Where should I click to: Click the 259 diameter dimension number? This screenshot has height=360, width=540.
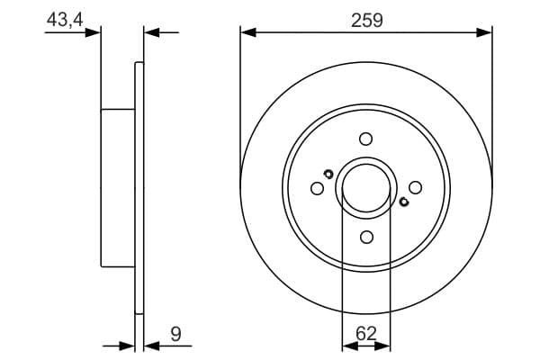click(366, 20)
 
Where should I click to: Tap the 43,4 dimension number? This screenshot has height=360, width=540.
click(65, 20)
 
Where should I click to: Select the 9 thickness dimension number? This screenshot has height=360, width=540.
click(176, 334)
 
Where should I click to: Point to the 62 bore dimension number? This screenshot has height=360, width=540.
click(366, 334)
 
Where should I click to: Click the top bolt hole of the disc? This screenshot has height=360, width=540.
click(365, 139)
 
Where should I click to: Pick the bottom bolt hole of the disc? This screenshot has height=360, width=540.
click(365, 237)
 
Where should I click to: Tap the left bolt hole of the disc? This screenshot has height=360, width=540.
click(317, 188)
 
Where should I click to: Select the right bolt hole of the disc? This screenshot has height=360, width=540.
click(415, 187)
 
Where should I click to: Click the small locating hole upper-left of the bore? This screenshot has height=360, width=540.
click(328, 174)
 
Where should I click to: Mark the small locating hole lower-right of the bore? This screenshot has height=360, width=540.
click(403, 202)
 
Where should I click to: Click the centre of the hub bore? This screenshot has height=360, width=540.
click(366, 187)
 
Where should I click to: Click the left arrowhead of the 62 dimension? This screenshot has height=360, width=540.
click(348, 345)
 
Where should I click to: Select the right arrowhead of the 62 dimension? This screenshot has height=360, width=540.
click(384, 345)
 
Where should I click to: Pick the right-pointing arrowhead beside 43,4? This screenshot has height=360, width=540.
click(93, 32)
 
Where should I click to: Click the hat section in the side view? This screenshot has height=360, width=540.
click(118, 187)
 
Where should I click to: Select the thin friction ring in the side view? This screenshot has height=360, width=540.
click(139, 187)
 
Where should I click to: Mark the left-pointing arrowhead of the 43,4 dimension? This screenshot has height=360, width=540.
click(151, 32)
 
